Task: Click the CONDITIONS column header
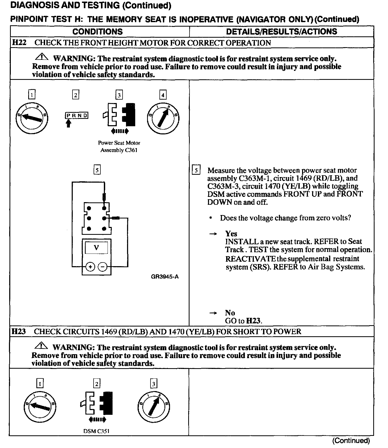98,32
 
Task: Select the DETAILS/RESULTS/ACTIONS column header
282,32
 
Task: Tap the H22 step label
19,43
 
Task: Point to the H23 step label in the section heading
18,331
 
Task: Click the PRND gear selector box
76,115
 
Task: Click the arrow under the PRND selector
69,123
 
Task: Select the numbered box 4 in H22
163,95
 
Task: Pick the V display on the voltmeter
96,248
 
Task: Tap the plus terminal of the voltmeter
90,267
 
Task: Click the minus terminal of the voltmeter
103,267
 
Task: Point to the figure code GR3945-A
165,277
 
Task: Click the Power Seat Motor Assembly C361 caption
119,147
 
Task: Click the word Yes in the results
231,234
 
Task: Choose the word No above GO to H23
230,313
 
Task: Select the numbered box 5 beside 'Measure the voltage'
196,170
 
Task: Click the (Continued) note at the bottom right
351,441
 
